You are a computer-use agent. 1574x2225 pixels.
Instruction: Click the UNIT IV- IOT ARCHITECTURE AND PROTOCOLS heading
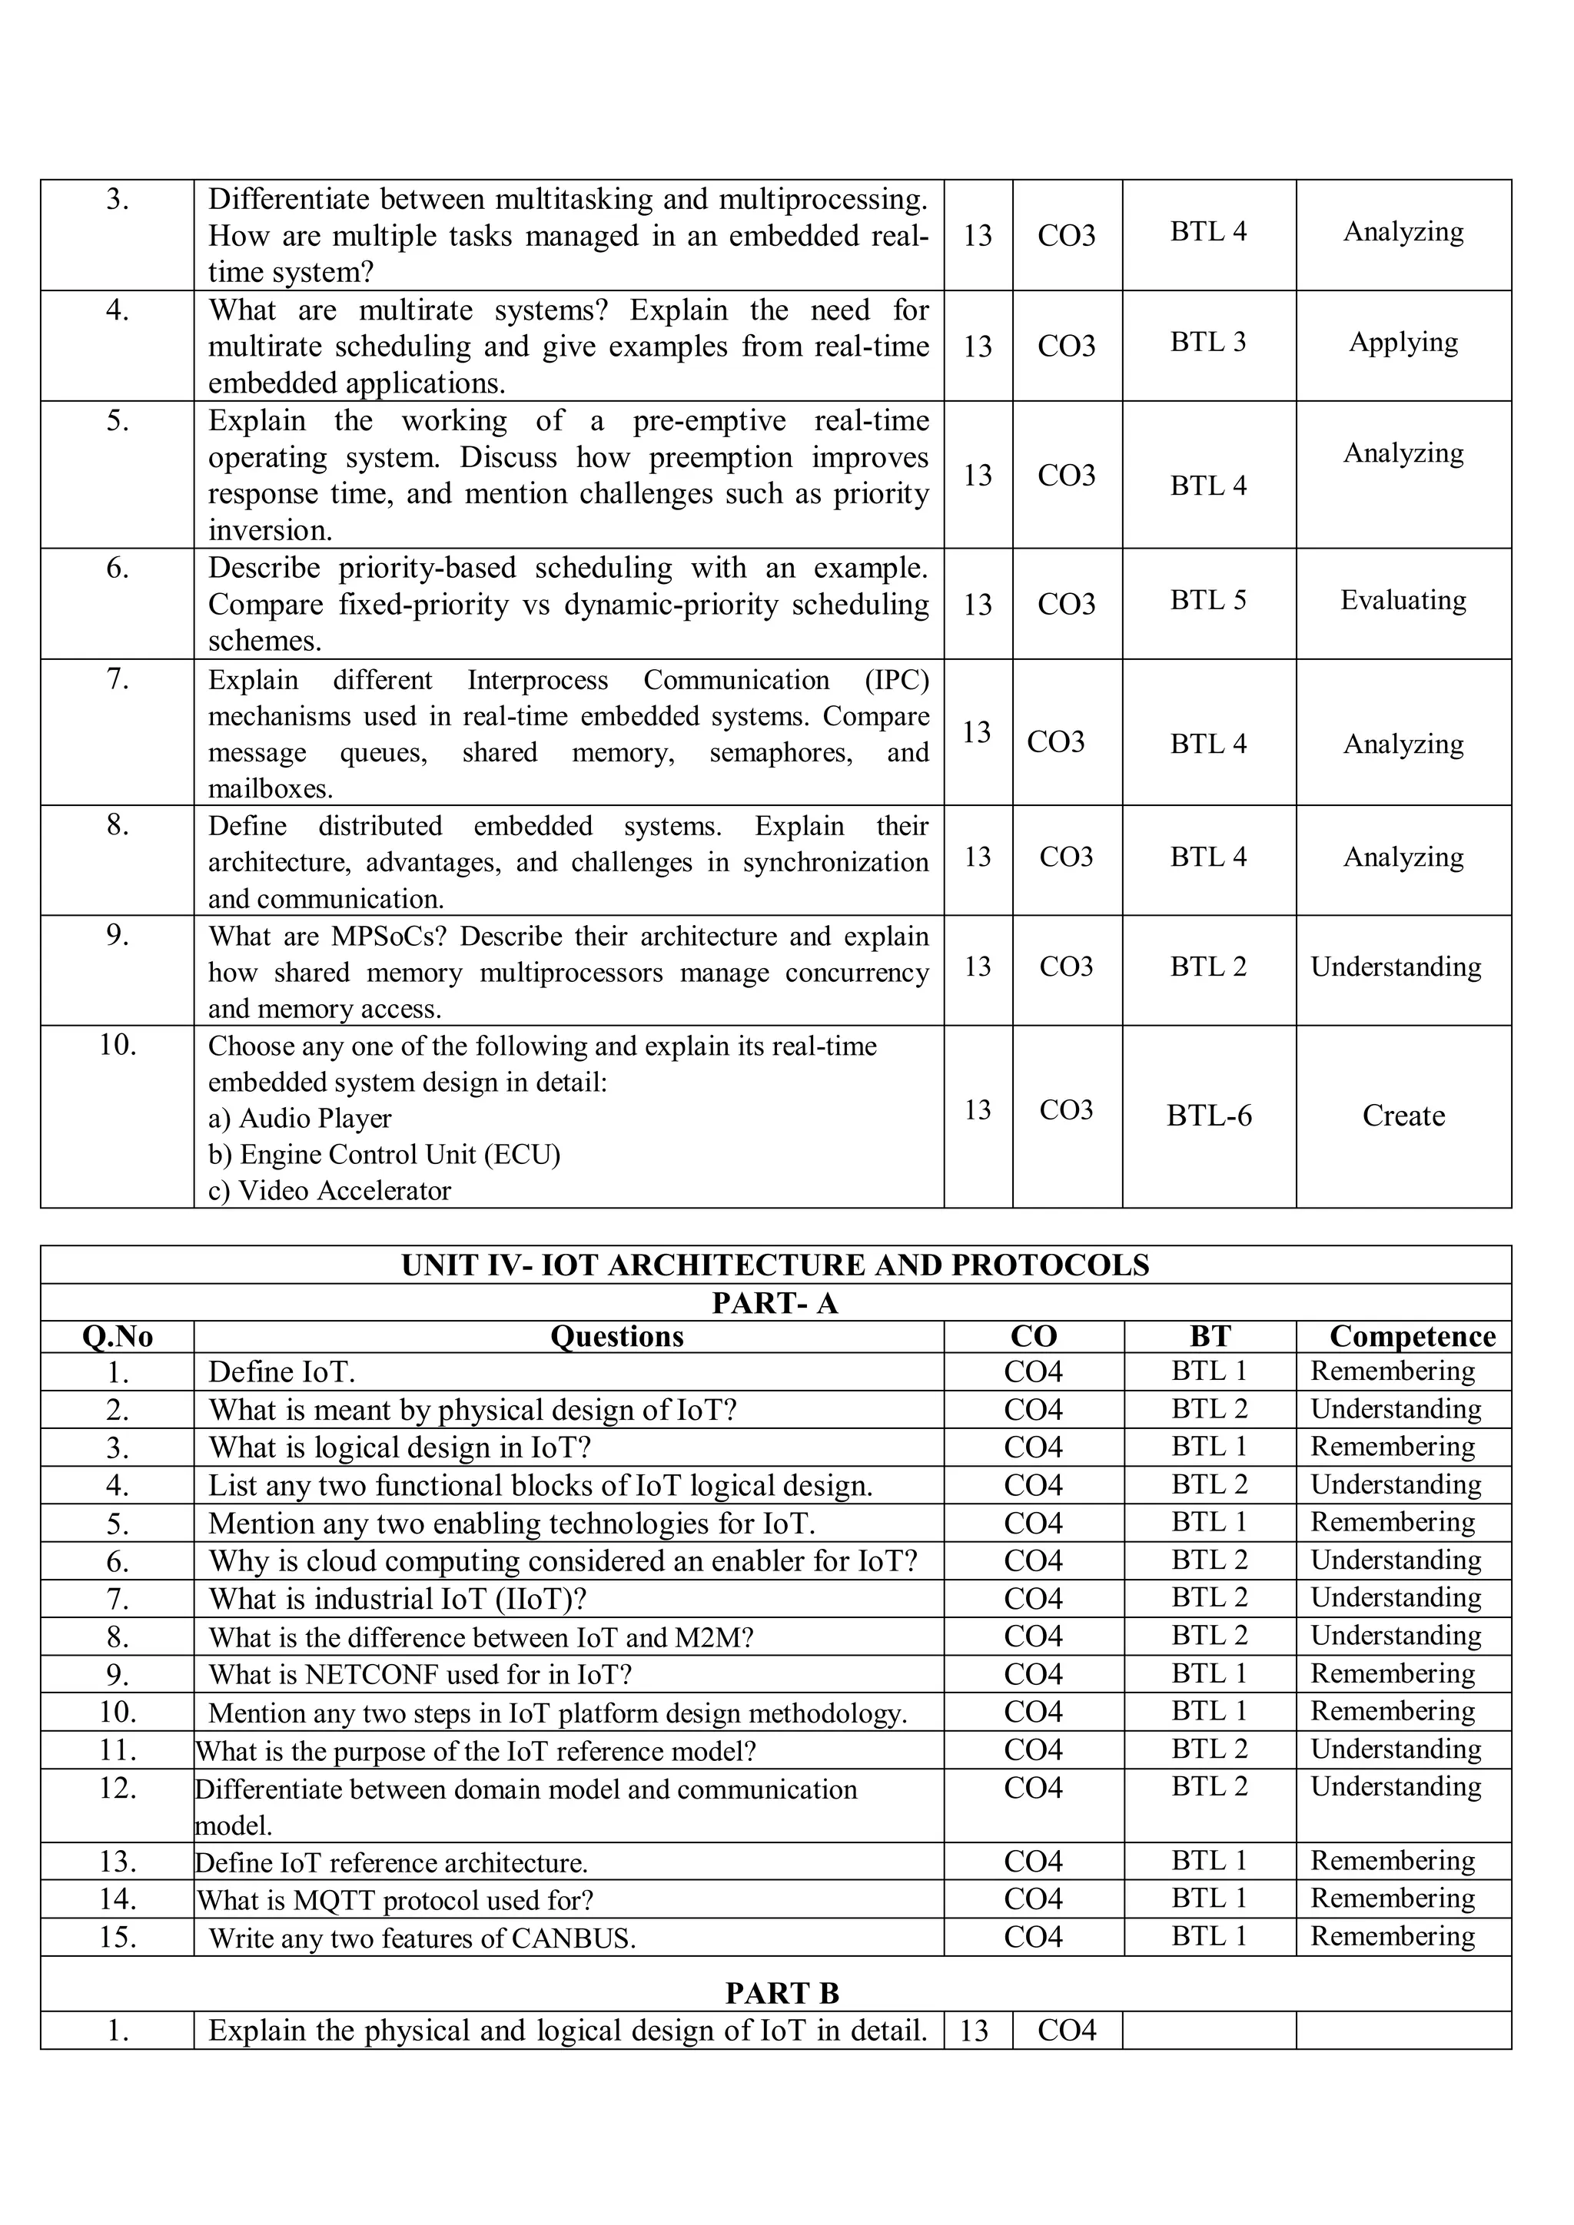tap(775, 1265)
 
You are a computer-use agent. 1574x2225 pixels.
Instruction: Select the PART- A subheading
tap(775, 1302)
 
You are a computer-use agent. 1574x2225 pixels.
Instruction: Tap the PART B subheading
tap(781, 1992)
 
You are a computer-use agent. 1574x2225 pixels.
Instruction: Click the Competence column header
tap(1412, 1336)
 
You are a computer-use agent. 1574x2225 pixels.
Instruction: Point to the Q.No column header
tap(118, 1336)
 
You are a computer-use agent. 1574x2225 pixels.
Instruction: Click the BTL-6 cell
tap(1209, 1116)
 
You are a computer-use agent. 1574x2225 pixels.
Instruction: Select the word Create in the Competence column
tap(1403, 1116)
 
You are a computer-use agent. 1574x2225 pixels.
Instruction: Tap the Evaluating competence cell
tap(1403, 600)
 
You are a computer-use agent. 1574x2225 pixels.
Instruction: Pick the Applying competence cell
tap(1403, 342)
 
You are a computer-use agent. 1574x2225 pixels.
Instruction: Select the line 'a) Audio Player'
tap(300, 1119)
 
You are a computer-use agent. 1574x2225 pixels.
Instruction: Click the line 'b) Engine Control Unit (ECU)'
tap(384, 1154)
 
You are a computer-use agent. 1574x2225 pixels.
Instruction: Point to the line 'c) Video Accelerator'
tap(330, 1191)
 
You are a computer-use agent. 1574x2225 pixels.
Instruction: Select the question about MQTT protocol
tap(394, 1900)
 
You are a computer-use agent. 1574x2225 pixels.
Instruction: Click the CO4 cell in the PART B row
tap(1066, 2030)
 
